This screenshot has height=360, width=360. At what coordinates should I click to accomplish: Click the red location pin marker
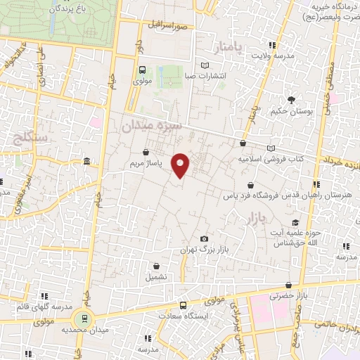[x=181, y=166]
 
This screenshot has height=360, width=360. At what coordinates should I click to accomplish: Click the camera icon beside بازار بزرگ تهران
[x=204, y=239]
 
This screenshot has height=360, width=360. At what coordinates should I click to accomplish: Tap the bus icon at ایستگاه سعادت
[x=183, y=306]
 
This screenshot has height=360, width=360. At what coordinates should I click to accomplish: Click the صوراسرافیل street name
[x=169, y=25]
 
